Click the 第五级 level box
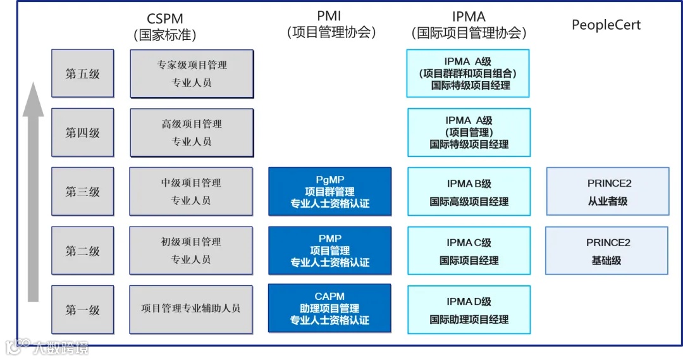coord(83,73)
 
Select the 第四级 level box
coord(83,133)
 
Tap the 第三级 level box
coord(83,191)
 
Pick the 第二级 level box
coord(83,251)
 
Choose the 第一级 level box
coord(83,309)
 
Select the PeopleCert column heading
coord(606,25)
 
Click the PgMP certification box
coord(329,191)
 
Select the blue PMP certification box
coord(329,251)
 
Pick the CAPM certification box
coord(329,308)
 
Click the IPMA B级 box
coord(469,192)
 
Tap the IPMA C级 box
coord(469,251)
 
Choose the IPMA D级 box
coord(469,310)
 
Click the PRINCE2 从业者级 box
coord(608,191)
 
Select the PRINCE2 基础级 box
coord(606,251)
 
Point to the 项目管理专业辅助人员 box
coord(191,309)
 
